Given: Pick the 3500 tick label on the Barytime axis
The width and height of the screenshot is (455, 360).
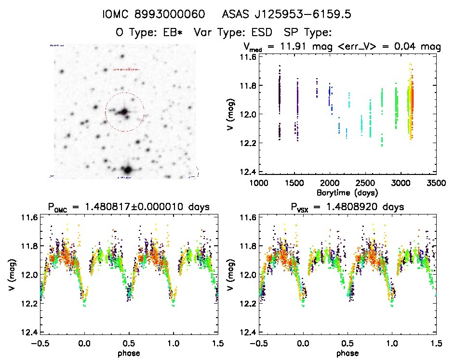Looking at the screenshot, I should [437, 183].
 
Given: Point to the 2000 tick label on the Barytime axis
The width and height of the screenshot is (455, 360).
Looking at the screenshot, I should [330, 183].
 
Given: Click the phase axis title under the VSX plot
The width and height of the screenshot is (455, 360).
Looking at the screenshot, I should [347, 353].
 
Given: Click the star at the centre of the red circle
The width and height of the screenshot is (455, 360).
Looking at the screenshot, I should [124, 112].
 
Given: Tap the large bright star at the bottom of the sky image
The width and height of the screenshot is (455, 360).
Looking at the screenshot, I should [127, 170].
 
